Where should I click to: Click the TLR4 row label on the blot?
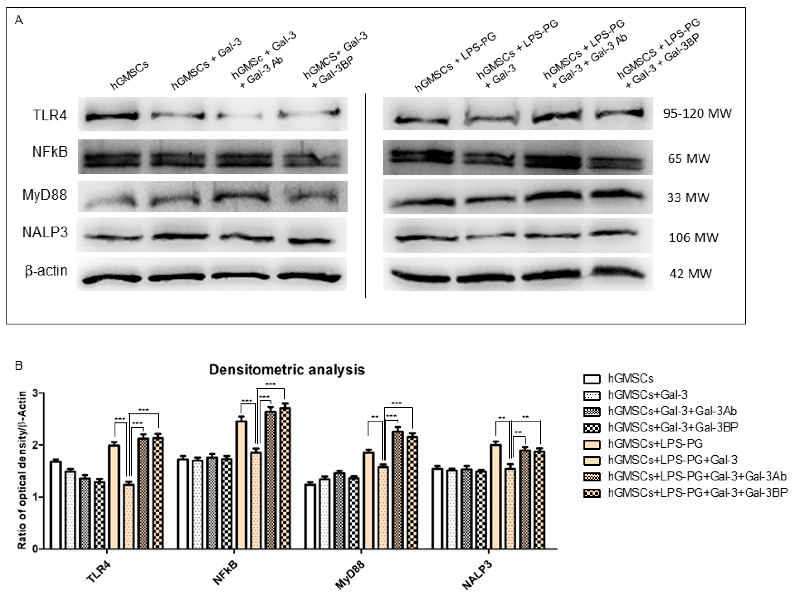[x=50, y=115]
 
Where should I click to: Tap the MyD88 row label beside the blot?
[x=45, y=196]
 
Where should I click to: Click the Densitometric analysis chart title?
[x=287, y=370]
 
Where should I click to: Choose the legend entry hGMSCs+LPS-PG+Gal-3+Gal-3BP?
[x=698, y=492]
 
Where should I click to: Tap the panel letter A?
[x=19, y=20]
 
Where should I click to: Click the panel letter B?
[x=18, y=366]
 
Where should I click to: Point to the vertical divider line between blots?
[x=365, y=196]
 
